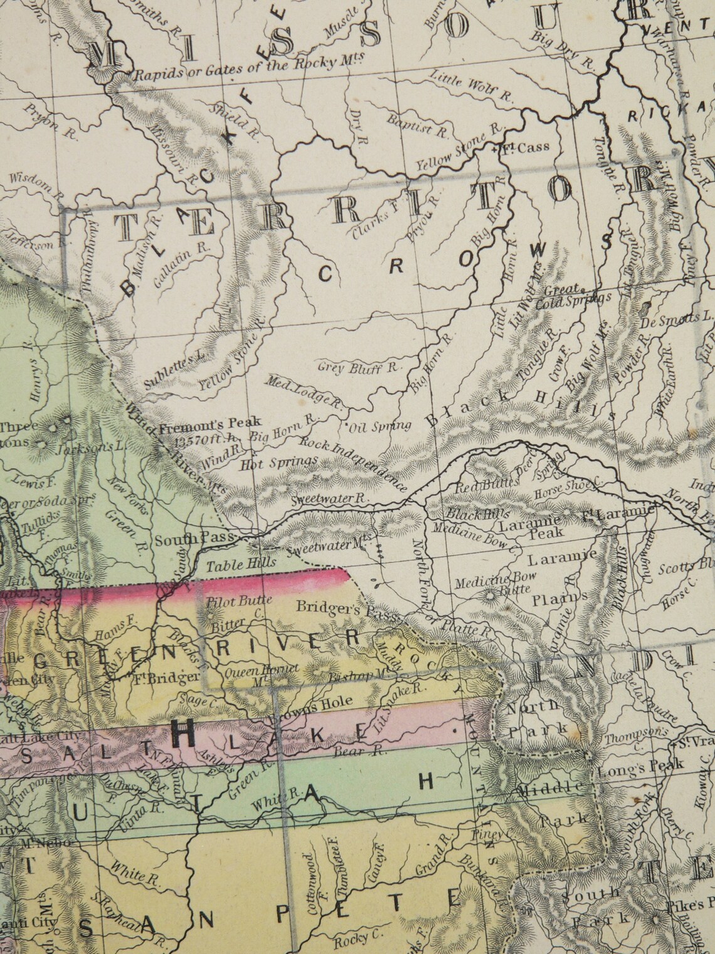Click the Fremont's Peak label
209,423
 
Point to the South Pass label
194,539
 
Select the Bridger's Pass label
347,609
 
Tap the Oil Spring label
380,427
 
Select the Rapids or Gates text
251,71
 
